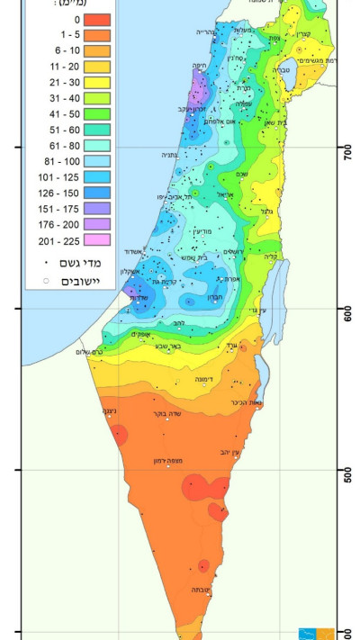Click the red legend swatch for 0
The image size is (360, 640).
[98, 19]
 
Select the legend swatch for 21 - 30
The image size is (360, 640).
[98, 83]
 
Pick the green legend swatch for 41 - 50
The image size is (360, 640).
[98, 114]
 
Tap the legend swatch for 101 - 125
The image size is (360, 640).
[98, 177]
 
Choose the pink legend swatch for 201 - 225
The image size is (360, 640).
[98, 240]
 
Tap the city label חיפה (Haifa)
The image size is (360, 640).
[199, 65]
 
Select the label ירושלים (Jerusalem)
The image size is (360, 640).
[237, 251]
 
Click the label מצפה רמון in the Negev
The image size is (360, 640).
[168, 461]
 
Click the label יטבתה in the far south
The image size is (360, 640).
[202, 590]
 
